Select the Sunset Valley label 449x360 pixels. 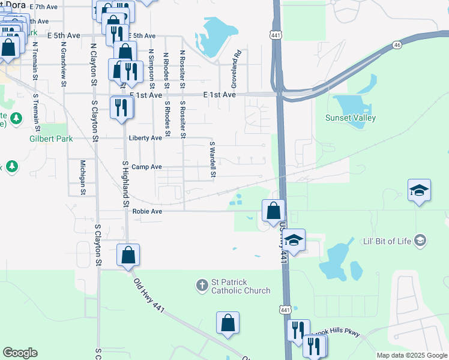[351, 118]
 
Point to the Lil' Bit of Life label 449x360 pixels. [388, 241]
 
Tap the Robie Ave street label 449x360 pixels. [148, 211]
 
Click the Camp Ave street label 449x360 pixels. [146, 167]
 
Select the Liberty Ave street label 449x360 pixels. [145, 138]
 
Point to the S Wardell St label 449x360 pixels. [212, 160]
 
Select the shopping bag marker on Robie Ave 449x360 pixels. [273, 211]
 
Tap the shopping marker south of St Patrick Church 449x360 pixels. [228, 323]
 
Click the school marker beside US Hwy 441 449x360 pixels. [294, 240]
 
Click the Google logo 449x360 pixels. [20, 353]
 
